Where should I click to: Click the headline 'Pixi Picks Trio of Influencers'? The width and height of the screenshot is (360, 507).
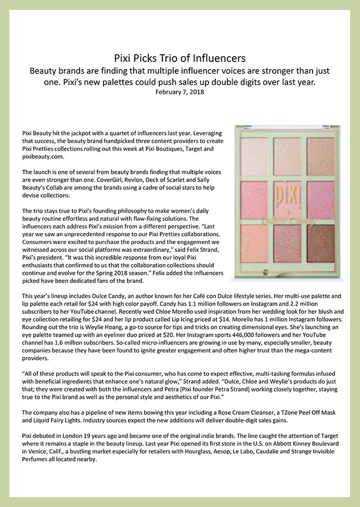click(x=179, y=57)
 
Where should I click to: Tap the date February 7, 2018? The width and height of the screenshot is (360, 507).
click(x=179, y=92)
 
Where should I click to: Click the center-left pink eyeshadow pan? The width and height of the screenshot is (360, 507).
click(x=254, y=200)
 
